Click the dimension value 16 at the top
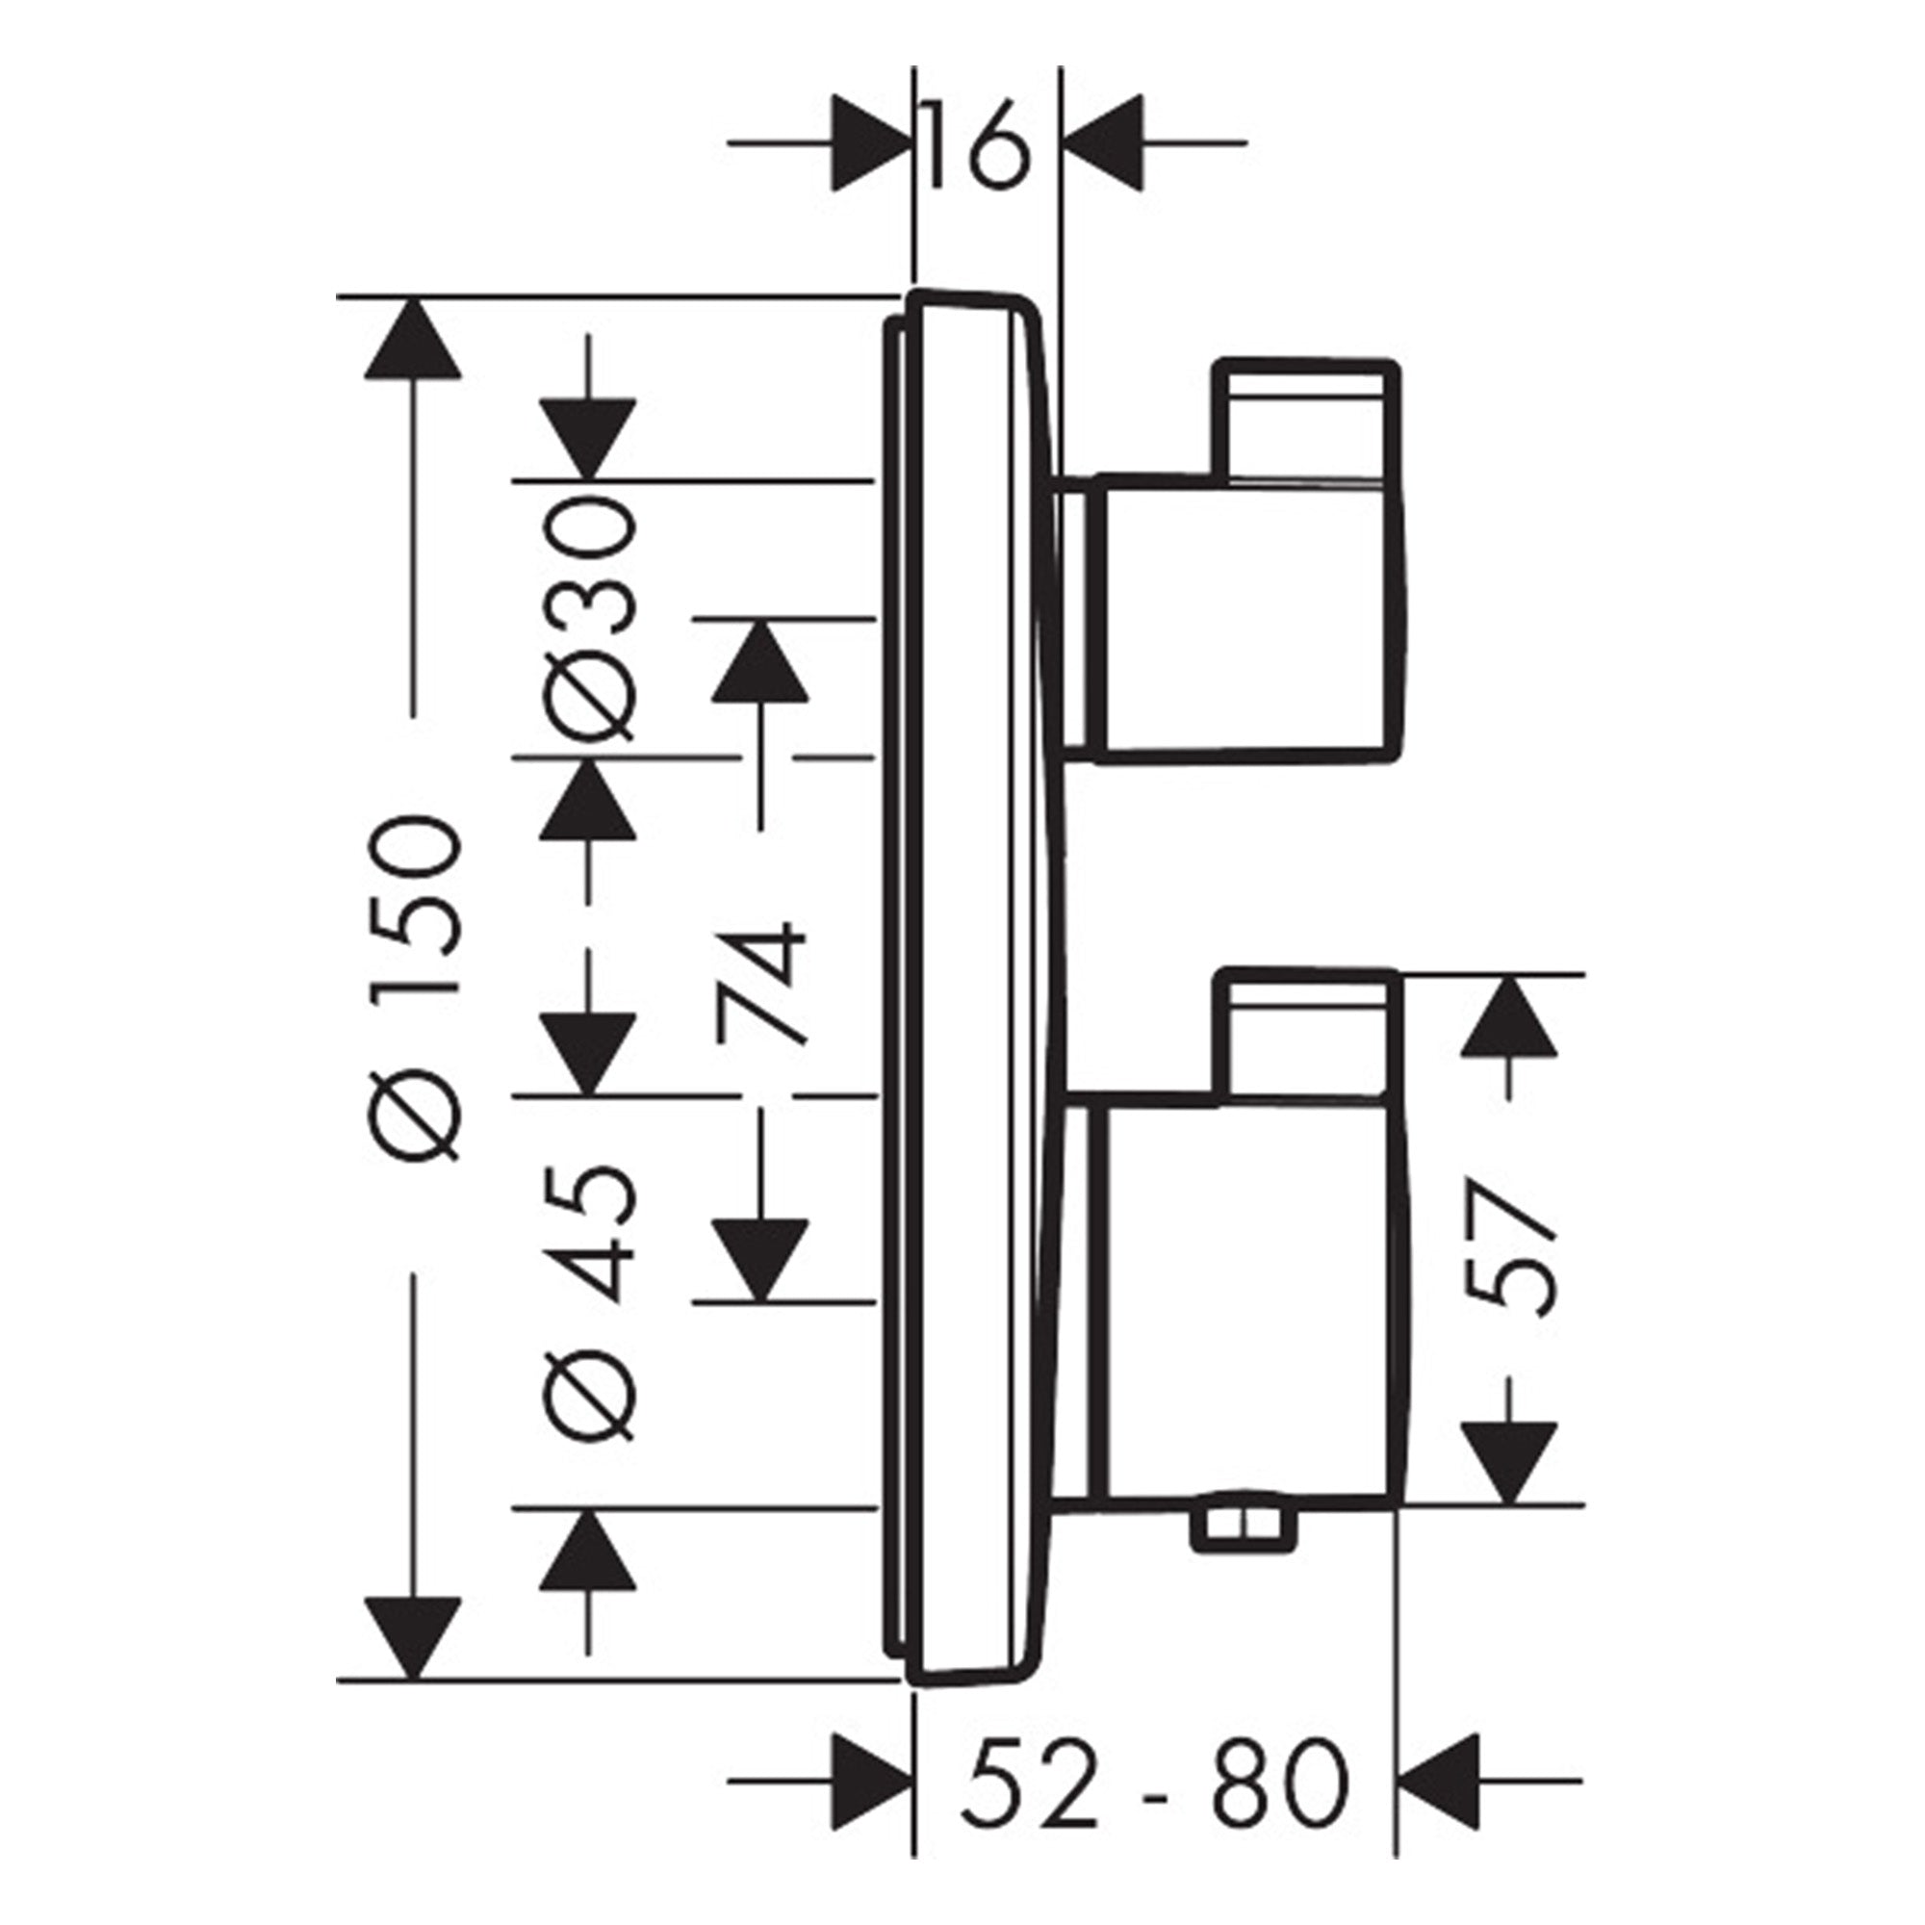tap(974, 144)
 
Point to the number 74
tap(759, 983)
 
